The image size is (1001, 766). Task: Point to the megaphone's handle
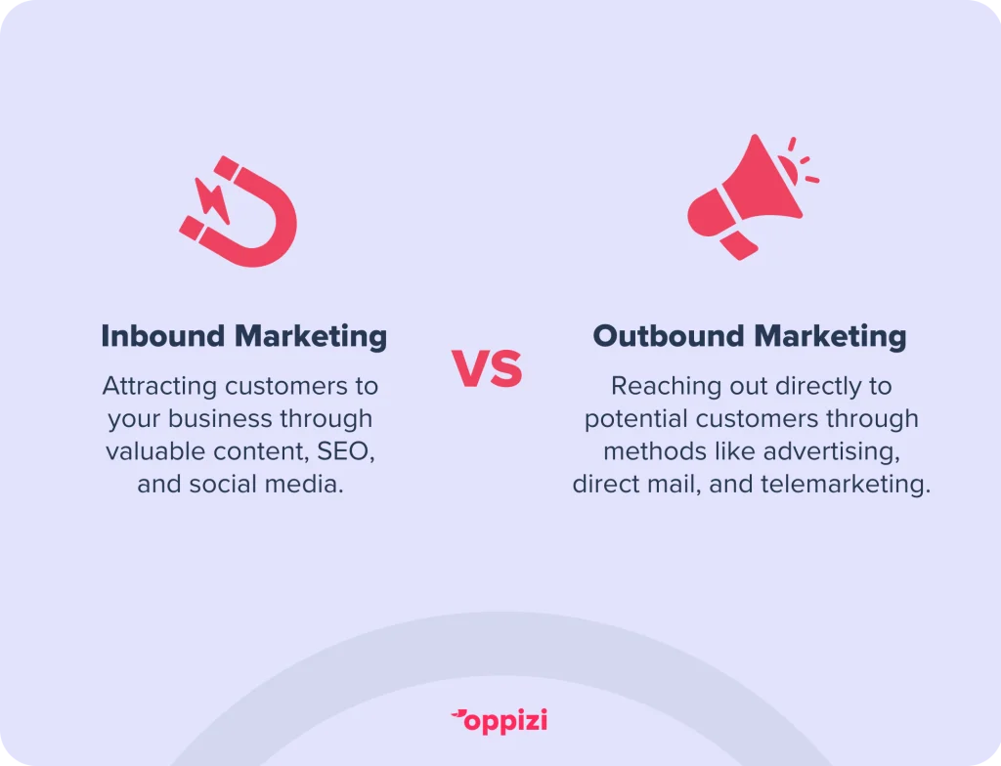(x=738, y=244)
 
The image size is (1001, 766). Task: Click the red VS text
(x=488, y=369)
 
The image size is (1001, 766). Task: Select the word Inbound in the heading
(x=163, y=336)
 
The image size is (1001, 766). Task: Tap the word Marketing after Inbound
(x=311, y=337)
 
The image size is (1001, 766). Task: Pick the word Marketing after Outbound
(x=830, y=337)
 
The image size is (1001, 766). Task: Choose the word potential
(x=635, y=419)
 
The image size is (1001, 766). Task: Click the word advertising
(x=832, y=452)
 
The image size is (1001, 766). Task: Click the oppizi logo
(x=500, y=721)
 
